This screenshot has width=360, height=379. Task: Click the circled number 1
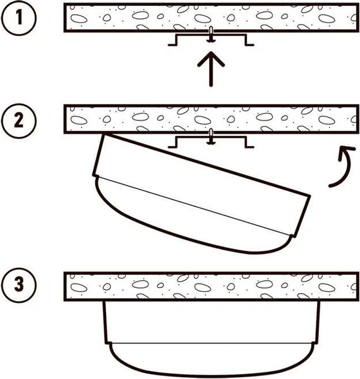(x=19, y=18)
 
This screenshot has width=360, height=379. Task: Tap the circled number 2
(x=19, y=121)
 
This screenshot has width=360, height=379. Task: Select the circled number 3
(x=19, y=284)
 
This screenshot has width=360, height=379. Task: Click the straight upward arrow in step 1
(x=211, y=69)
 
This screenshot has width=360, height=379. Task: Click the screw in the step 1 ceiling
(x=211, y=34)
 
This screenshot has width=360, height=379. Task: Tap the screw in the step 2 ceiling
(x=211, y=136)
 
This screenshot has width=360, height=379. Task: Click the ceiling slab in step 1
(x=212, y=18)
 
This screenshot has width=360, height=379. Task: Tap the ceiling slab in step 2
(x=212, y=119)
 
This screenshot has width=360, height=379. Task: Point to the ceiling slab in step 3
(x=212, y=287)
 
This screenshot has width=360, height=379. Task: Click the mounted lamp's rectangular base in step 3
(x=212, y=322)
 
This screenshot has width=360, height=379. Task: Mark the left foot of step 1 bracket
(x=172, y=45)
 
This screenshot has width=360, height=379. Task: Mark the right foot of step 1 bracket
(x=250, y=45)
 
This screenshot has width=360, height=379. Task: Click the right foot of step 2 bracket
(x=250, y=147)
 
